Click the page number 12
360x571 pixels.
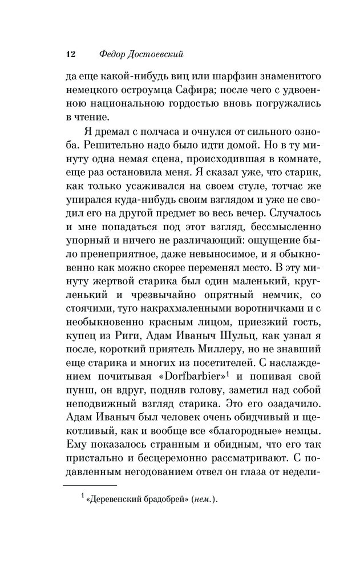(71, 55)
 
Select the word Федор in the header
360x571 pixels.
(111, 55)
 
